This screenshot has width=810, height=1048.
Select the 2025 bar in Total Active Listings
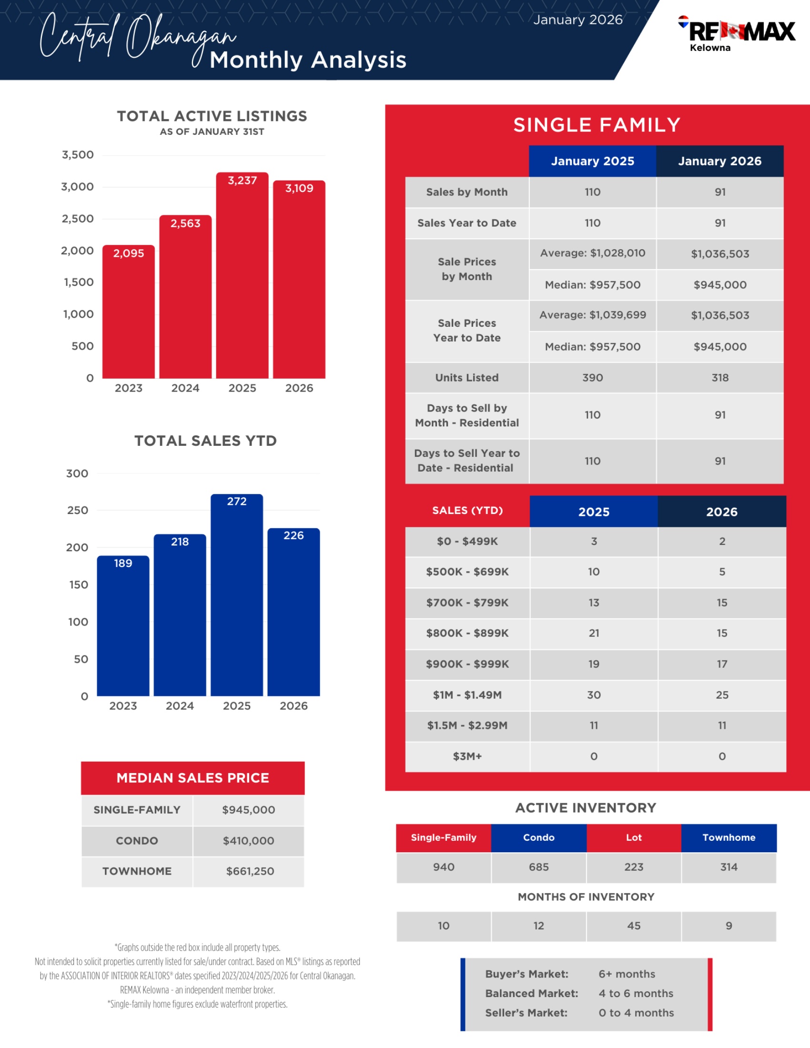[x=242, y=278]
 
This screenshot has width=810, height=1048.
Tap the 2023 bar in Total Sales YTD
[x=123, y=629]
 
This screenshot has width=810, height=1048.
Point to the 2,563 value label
[x=185, y=223]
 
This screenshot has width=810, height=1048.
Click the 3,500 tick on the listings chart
[x=78, y=154]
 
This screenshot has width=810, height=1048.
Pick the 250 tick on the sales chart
[x=78, y=510]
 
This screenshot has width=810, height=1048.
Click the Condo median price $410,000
[x=249, y=840]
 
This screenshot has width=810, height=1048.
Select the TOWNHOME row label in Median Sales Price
[x=137, y=871]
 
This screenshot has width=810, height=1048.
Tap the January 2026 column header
[x=719, y=161]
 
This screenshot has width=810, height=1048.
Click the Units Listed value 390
[x=593, y=378]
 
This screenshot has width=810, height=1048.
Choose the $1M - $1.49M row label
[x=467, y=695]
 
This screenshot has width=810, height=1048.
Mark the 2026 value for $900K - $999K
[x=722, y=664]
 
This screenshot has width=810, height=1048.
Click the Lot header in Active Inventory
[x=633, y=837]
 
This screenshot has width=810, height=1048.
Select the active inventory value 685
[x=538, y=867]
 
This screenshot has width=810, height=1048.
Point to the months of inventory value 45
[x=633, y=926]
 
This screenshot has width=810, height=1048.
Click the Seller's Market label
[x=526, y=1012]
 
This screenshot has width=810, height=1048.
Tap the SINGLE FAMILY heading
[x=597, y=125]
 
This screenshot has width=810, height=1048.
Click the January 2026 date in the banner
[x=578, y=20]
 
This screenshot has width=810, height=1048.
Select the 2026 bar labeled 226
[x=293, y=614]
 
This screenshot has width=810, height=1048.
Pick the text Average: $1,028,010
[x=593, y=253]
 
